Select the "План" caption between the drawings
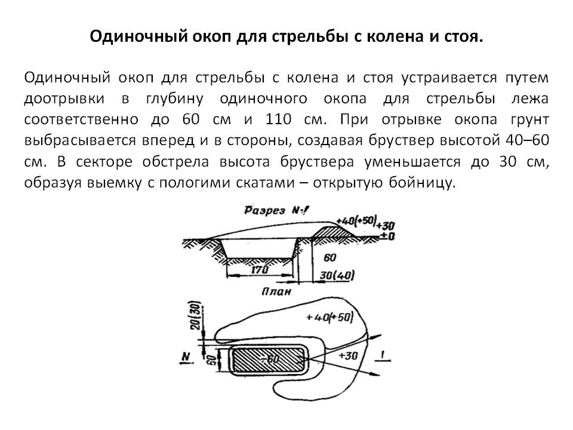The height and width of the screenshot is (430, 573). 276,292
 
